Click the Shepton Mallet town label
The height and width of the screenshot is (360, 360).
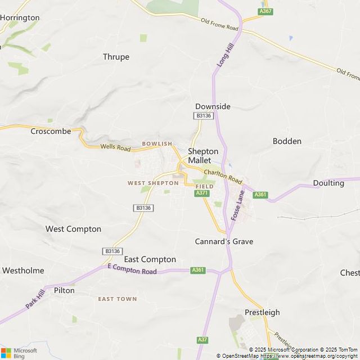202,156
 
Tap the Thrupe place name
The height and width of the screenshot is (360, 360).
116,57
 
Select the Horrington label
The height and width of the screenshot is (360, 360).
20,17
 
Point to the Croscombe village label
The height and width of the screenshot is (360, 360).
51,131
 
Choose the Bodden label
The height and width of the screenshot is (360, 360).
287,141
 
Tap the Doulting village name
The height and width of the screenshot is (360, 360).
328,183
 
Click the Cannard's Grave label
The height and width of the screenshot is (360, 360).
224,241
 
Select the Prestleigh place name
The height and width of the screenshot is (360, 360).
262,312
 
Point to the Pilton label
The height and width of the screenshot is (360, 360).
64,291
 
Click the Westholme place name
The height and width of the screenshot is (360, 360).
23,271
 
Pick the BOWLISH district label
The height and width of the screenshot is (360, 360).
157,144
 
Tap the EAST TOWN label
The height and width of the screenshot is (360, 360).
117,299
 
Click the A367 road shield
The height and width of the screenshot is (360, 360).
265,11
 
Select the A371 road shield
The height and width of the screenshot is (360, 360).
202,193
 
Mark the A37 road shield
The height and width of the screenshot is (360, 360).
202,340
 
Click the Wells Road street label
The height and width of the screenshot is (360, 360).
115,148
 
